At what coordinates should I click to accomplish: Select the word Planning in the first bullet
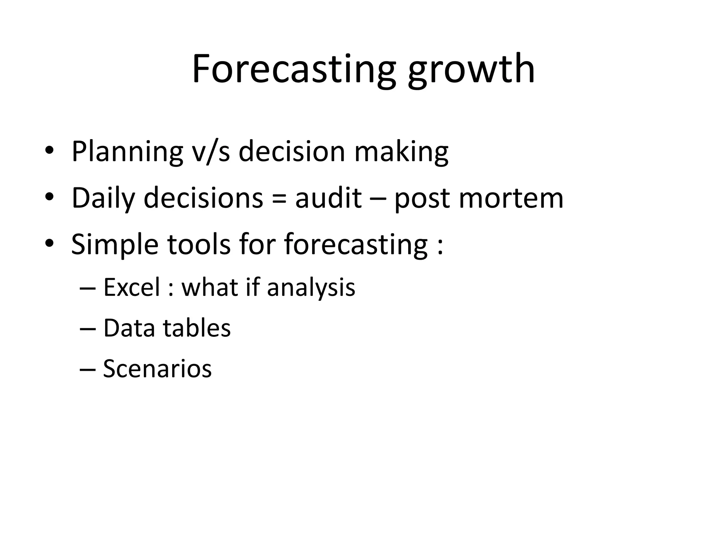[127, 152]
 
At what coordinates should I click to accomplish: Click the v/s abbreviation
[211, 152]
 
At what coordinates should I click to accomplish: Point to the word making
[401, 152]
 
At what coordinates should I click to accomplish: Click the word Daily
[103, 198]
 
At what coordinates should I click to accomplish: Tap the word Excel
[132, 287]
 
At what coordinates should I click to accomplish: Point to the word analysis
[311, 288]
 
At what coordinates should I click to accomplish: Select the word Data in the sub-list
[129, 328]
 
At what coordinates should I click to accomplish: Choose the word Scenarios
[157, 369]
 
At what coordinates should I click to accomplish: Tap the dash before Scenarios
[88, 369]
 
